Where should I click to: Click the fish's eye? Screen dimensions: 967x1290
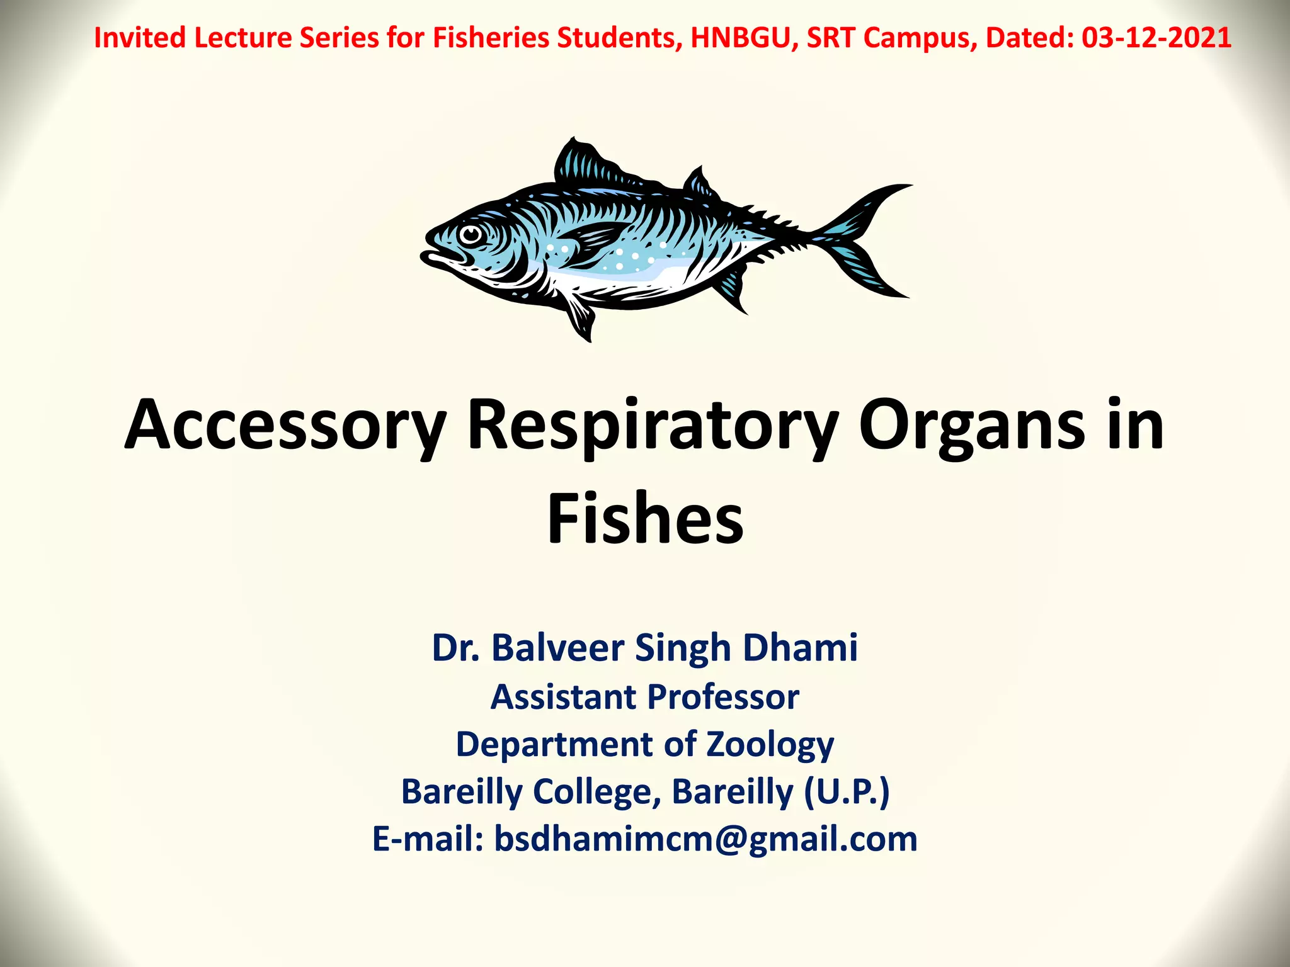tap(470, 235)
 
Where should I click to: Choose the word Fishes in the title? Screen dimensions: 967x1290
tap(645, 519)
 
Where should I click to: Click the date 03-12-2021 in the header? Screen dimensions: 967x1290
tap(1156, 38)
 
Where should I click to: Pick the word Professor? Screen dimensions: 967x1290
tap(723, 697)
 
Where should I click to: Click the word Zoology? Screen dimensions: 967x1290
tap(770, 744)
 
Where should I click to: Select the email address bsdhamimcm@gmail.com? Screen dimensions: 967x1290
tap(705, 839)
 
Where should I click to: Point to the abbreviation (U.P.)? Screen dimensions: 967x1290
tap(847, 791)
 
